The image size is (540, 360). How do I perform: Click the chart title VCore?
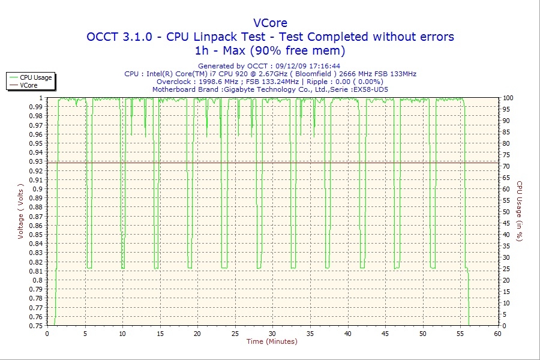click(270, 23)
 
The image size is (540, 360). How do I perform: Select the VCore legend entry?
click(29, 85)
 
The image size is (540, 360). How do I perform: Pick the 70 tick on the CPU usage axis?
click(506, 166)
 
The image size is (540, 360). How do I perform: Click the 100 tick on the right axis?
click(508, 98)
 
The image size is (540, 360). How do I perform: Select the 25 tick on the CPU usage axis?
click(506, 269)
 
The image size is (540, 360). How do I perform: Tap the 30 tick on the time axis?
click(272, 334)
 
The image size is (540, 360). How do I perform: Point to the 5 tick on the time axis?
click(85, 334)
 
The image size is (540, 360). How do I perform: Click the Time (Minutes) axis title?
click(272, 342)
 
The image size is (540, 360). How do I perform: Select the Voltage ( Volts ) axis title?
click(20, 211)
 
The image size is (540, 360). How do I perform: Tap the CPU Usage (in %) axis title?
click(520, 211)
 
